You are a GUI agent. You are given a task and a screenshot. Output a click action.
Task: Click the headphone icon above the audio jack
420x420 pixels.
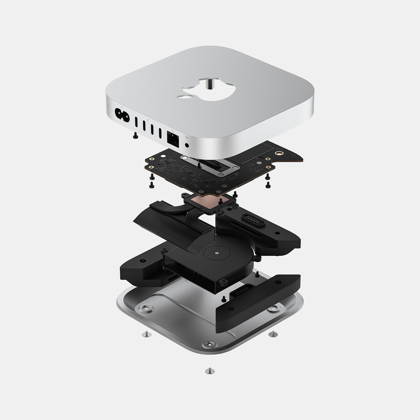click(187, 137)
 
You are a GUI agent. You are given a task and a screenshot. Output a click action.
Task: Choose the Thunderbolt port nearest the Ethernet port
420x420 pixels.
click(160, 133)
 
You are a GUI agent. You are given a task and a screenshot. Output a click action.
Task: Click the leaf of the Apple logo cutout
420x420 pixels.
click(184, 96)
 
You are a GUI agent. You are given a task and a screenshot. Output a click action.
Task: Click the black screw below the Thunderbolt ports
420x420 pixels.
click(135, 136)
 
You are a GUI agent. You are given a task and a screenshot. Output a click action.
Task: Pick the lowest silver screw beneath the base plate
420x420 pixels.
click(208, 371)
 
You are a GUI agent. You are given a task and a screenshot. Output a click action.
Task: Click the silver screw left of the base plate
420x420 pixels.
click(145, 333)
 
